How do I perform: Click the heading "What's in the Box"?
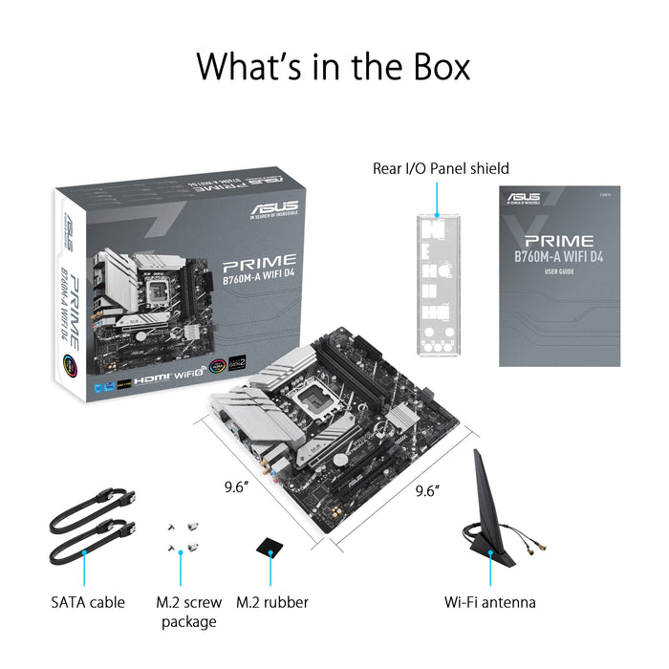click(334, 67)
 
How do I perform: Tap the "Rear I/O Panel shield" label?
click(441, 168)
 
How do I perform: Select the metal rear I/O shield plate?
click(438, 288)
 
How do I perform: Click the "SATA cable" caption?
click(88, 602)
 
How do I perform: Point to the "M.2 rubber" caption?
click(271, 602)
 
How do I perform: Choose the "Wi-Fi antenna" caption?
click(490, 602)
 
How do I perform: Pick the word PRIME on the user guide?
click(559, 241)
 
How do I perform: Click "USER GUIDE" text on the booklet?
click(559, 272)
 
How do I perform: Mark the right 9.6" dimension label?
click(427, 491)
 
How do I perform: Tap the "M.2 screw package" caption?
click(188, 612)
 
